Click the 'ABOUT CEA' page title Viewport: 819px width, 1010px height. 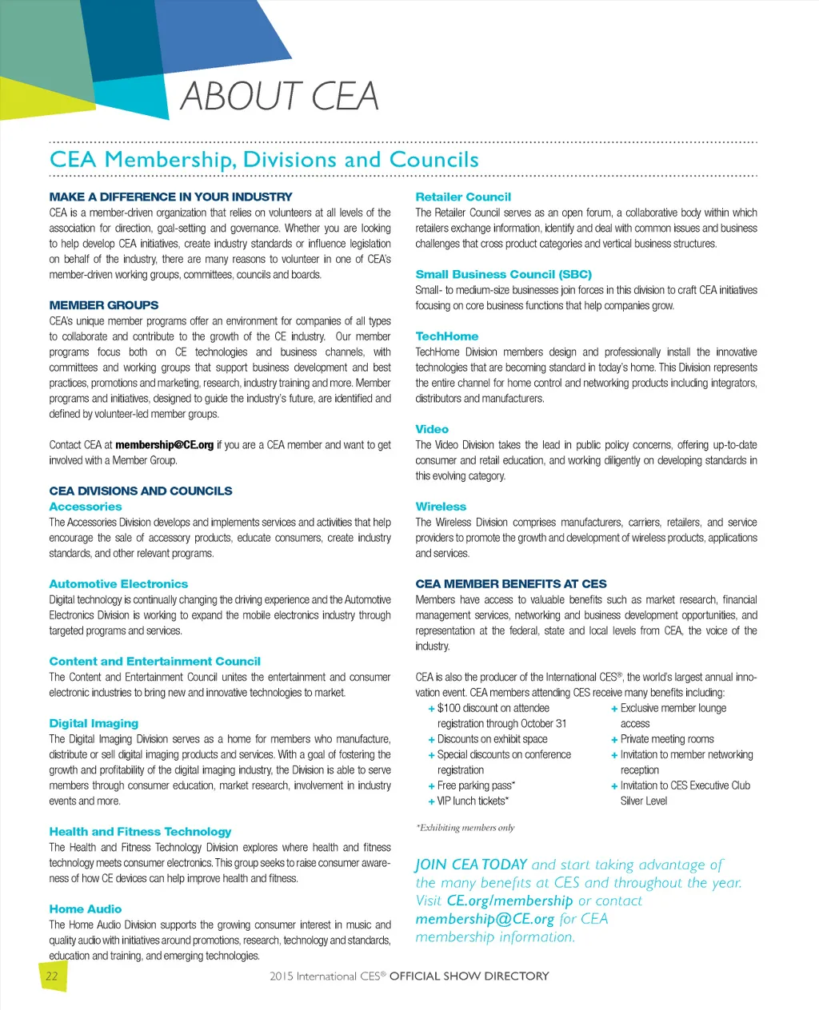tap(279, 97)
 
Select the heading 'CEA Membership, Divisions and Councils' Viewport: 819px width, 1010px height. tap(264, 160)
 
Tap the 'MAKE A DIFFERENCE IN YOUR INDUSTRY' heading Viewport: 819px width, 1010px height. tap(170, 197)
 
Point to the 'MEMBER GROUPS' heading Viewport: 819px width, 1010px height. tap(104, 305)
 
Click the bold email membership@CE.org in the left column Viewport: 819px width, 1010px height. tap(164, 445)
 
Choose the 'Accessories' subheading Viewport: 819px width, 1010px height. tap(86, 507)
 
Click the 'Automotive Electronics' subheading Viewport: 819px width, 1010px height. tap(118, 584)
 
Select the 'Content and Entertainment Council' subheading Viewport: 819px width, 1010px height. tap(154, 662)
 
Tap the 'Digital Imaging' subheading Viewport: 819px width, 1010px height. tap(94, 723)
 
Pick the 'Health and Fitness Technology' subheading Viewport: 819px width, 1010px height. tap(140, 832)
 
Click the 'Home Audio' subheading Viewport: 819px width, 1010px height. tap(86, 909)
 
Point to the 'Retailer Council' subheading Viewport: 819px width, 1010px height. tap(463, 197)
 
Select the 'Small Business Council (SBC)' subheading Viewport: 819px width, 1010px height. tap(503, 274)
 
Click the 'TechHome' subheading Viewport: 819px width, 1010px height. tap(447, 336)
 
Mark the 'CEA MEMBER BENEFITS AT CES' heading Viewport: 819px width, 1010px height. tap(511, 584)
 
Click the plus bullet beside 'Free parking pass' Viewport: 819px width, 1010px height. tap(432, 786)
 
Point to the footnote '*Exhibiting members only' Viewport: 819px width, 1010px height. tap(465, 828)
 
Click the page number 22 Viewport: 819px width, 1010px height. tap(52, 976)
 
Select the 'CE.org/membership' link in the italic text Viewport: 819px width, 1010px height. tap(509, 901)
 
